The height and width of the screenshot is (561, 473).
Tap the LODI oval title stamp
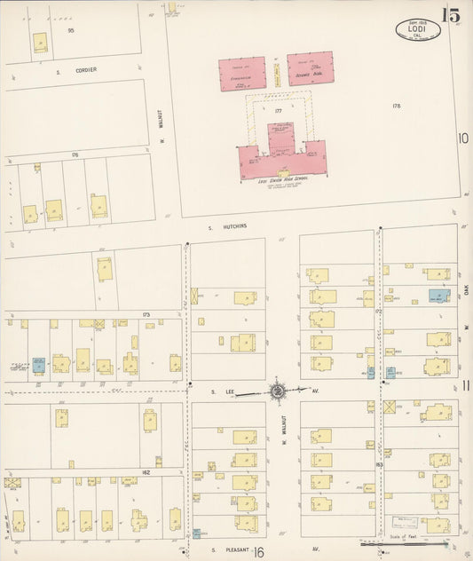416,29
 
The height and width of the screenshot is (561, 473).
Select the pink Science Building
310,70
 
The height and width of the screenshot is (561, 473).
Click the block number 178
396,106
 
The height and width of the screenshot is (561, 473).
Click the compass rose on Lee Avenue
278,390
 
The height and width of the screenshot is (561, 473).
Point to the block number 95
70,30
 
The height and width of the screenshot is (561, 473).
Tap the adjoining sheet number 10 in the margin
463,138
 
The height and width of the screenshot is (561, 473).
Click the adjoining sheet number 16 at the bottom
258,552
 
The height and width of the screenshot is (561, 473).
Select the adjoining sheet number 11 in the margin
465,386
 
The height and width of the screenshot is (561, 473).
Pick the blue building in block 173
38,363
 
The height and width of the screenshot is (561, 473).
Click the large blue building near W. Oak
438,296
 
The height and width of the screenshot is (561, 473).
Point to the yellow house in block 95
40,43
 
